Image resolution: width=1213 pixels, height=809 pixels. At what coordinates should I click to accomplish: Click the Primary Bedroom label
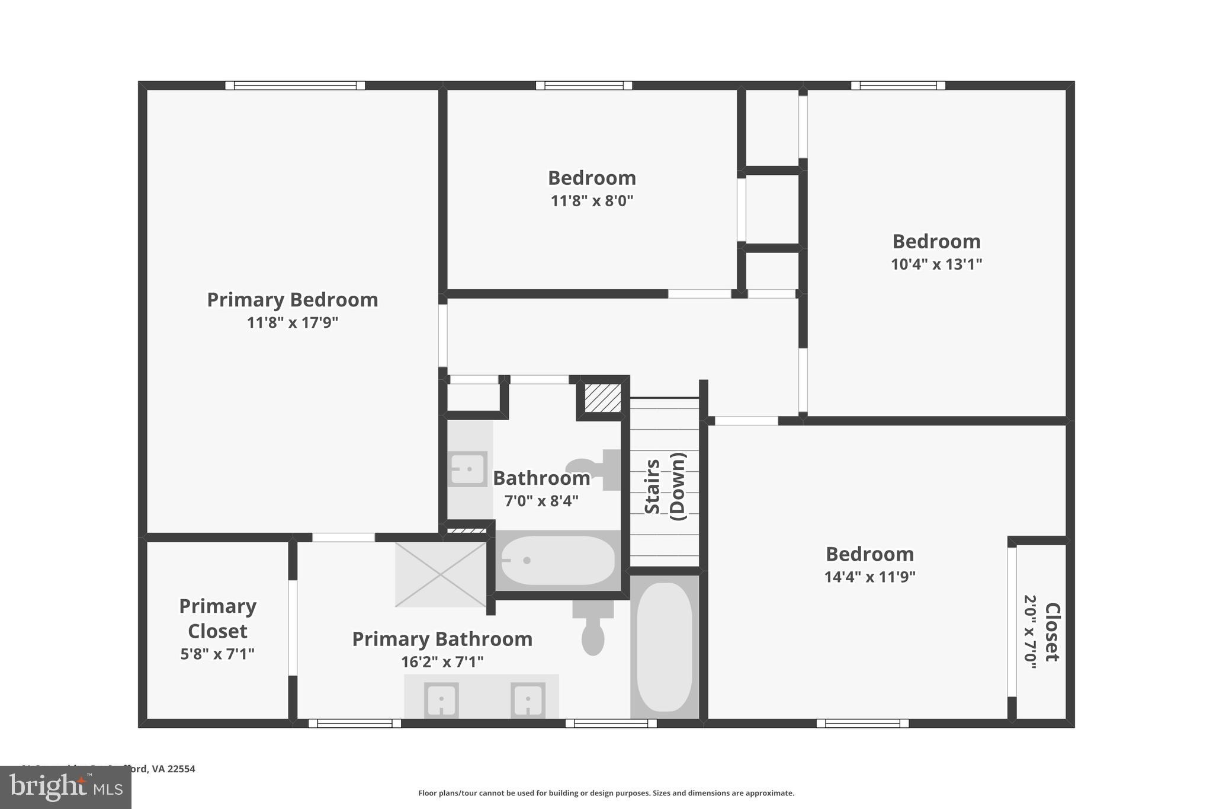point(292,300)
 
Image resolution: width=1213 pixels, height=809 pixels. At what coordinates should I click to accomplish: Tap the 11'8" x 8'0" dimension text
point(592,201)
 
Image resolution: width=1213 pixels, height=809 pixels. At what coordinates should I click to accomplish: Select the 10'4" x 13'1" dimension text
point(936,264)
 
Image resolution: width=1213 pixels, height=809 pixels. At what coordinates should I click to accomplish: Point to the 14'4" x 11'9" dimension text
point(869,577)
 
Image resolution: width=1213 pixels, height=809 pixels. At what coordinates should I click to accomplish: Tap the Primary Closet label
point(217,618)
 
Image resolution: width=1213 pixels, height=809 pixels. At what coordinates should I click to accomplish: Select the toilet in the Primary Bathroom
point(593,628)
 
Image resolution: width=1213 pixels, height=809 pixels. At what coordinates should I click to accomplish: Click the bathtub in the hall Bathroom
point(557,561)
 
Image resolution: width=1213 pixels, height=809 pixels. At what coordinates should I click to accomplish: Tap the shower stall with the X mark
point(441,574)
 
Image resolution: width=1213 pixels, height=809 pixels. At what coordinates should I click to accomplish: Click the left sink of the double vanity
point(441,699)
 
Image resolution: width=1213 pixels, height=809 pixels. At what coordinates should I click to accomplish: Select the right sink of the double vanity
point(528,699)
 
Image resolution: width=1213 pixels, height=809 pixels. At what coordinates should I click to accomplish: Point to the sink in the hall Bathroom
point(467,469)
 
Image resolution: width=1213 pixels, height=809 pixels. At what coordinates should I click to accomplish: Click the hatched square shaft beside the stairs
point(603,398)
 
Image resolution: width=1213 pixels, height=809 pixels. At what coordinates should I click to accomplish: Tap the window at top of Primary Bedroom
point(295,85)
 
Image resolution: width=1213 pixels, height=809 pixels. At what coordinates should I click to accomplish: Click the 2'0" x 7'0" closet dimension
point(1031,632)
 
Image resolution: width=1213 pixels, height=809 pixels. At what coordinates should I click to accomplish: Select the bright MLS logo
point(66,787)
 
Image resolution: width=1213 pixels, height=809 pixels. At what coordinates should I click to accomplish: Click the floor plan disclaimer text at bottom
point(606,793)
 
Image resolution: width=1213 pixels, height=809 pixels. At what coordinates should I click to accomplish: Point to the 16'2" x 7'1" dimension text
point(442,661)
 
